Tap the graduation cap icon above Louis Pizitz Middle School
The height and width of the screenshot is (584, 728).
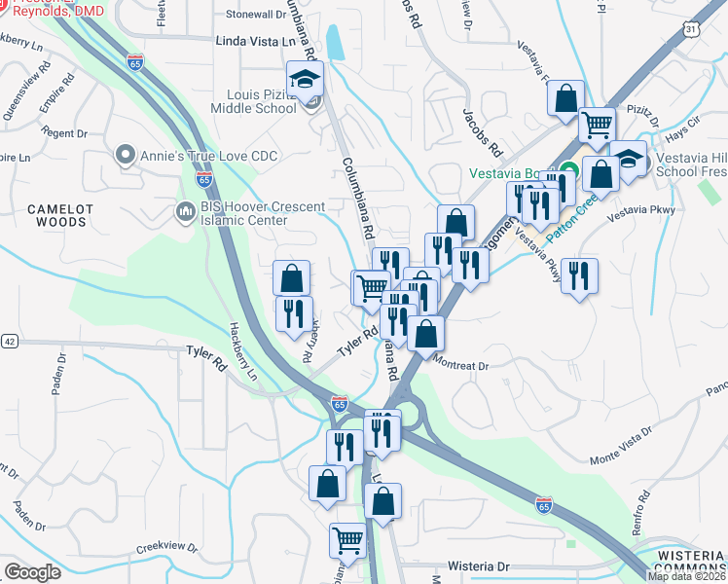coord(306,79)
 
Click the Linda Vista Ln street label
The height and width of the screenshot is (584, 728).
coord(253,43)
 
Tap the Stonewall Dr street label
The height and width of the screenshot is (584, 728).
coord(254,15)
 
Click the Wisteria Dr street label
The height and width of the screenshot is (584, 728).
coord(479,566)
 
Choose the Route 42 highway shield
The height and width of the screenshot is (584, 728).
coord(10,341)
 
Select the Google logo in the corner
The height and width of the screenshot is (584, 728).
coord(32,572)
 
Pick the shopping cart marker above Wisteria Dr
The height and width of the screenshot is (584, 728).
coord(347,540)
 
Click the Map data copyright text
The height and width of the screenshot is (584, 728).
coord(687,576)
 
